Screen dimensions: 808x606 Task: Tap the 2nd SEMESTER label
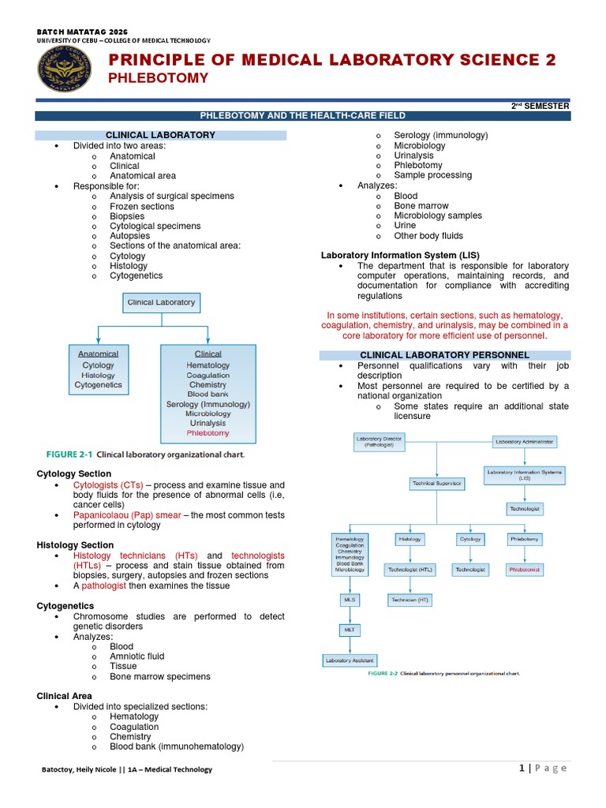[541, 106]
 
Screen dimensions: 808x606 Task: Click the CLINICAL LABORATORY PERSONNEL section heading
[444, 355]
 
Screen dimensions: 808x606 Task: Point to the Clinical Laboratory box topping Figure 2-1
[161, 302]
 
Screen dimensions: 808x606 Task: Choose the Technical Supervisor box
[436, 483]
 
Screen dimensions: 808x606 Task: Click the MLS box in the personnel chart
[350, 600]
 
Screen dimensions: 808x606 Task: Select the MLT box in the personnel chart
[350, 630]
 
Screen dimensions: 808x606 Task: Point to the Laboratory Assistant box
[350, 660]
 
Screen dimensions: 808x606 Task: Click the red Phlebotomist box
[525, 569]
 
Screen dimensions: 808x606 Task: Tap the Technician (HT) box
[410, 600]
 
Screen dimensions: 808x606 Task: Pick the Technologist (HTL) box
[410, 569]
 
